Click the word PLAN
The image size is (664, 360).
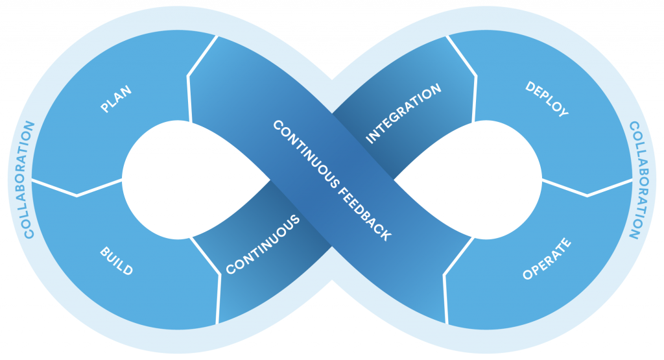coord(116,99)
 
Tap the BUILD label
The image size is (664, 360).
coord(117,261)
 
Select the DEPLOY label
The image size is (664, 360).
coord(547,99)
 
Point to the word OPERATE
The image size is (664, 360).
coord(547,259)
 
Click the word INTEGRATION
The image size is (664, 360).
coord(403,114)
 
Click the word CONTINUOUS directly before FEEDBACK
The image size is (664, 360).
coord(306,154)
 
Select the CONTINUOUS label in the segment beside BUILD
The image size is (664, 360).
coord(263,245)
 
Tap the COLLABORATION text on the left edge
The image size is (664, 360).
coord(29,180)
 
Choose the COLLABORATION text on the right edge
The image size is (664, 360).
coord(637,180)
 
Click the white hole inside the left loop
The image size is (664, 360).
coord(186,180)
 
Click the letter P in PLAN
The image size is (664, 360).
coord(105,108)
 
